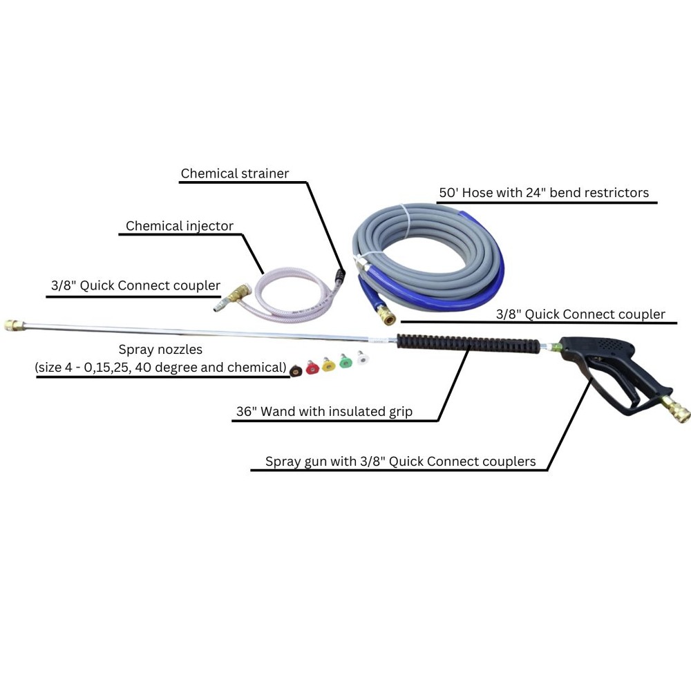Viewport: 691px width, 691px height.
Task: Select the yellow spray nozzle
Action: (x=328, y=363)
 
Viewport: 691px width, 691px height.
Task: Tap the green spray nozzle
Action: (x=345, y=360)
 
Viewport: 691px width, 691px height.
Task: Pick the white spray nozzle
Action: (x=362, y=359)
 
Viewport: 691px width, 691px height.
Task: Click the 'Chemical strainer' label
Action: (x=235, y=173)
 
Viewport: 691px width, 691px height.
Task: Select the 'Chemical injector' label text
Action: (x=180, y=226)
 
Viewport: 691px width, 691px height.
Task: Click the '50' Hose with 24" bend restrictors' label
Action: (x=545, y=193)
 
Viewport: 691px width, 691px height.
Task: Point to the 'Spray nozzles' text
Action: (x=160, y=350)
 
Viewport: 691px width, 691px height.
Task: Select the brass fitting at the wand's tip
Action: (x=12, y=324)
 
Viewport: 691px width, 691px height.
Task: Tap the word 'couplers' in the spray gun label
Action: (x=507, y=462)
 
